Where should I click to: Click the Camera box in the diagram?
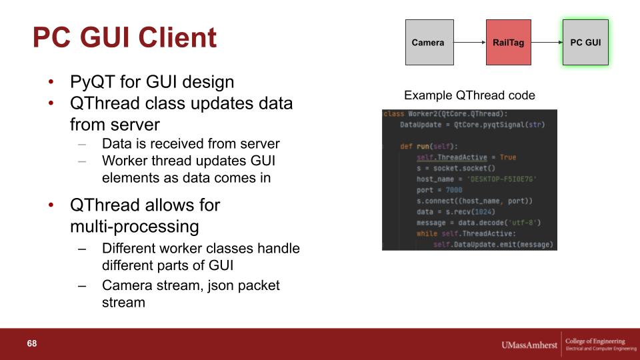(429, 43)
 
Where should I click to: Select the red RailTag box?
(509, 43)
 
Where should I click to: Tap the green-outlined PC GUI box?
(585, 43)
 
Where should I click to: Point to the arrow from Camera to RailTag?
(470, 42)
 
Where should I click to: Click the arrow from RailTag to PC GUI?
(547, 42)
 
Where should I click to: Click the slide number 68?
(32, 344)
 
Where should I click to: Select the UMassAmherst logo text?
(529, 345)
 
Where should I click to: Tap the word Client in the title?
(177, 37)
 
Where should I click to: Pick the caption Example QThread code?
(469, 95)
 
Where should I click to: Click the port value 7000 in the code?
(454, 190)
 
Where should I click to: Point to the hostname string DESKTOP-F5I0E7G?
(501, 179)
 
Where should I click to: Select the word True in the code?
(508, 157)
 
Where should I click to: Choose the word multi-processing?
(135, 227)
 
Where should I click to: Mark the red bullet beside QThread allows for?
(51, 205)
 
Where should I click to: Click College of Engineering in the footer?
(595, 341)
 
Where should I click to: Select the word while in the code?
(427, 233)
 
